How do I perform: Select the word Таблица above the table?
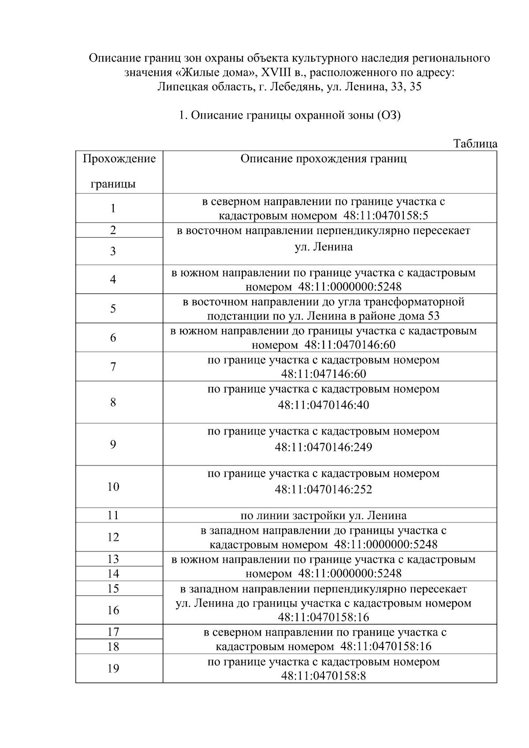click(x=475, y=144)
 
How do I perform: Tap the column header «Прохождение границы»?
click(x=119, y=171)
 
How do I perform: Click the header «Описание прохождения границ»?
click(x=324, y=159)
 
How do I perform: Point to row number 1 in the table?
click(x=113, y=208)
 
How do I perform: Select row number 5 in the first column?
click(x=113, y=309)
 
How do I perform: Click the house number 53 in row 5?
click(x=434, y=316)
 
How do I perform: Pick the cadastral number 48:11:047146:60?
click(x=324, y=374)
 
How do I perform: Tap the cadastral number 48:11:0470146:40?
click(x=324, y=405)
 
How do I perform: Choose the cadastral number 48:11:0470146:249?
click(x=324, y=447)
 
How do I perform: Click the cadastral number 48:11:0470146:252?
click(x=324, y=490)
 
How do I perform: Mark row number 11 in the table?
click(x=113, y=515)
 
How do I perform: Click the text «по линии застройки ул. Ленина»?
click(x=324, y=515)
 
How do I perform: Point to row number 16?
click(x=113, y=610)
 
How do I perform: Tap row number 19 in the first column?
click(x=113, y=669)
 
